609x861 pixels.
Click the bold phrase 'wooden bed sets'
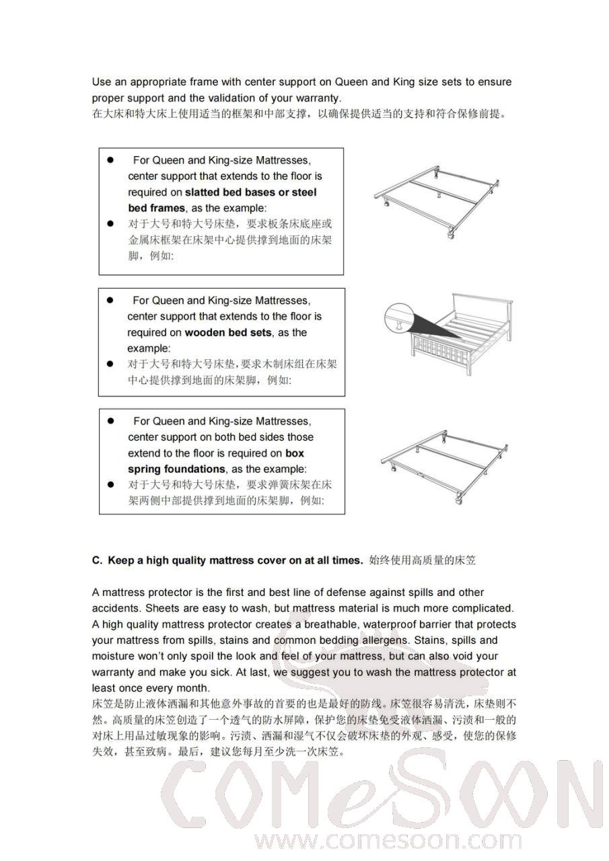click(228, 332)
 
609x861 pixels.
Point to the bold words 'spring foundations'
click(176, 469)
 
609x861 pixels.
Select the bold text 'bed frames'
click(156, 209)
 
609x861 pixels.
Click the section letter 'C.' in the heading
click(97, 560)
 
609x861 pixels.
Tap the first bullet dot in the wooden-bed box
click(110, 301)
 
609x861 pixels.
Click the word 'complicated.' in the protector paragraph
click(482, 609)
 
